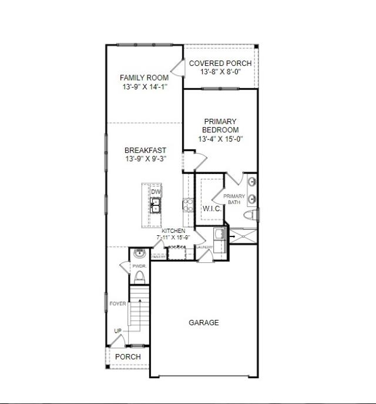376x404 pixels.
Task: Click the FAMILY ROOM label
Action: pyautogui.click(x=144, y=78)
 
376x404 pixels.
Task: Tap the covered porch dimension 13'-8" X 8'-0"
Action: pyautogui.click(x=220, y=72)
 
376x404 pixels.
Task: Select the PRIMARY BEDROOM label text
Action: pyautogui.click(x=220, y=126)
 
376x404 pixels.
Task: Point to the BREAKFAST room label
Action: pyautogui.click(x=145, y=151)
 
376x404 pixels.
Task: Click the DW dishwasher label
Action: pyautogui.click(x=156, y=192)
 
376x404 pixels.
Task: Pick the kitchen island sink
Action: pyautogui.click(x=156, y=205)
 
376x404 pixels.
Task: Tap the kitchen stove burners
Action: pyautogui.click(x=189, y=205)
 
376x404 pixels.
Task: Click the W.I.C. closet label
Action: pyautogui.click(x=211, y=209)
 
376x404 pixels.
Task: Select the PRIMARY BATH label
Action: pyautogui.click(x=234, y=199)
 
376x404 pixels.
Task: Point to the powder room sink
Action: pyautogui.click(x=139, y=254)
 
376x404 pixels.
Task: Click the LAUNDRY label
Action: pyautogui.click(x=204, y=247)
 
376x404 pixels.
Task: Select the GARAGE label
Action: pyautogui.click(x=204, y=322)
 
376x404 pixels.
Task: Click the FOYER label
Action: pyautogui.click(x=118, y=303)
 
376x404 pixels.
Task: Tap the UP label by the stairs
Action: pyautogui.click(x=118, y=331)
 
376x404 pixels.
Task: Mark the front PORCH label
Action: pyautogui.click(x=127, y=357)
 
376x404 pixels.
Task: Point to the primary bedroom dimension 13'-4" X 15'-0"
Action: pyautogui.click(x=220, y=139)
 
